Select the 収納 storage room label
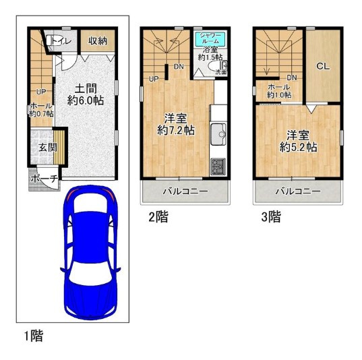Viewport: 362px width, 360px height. [x=98, y=42]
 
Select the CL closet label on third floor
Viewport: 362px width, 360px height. [x=322, y=66]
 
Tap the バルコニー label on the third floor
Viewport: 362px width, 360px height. [x=297, y=191]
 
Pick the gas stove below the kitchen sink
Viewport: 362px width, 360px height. [x=220, y=164]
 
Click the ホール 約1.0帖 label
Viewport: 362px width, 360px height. [x=278, y=91]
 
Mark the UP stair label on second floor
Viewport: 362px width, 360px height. [x=154, y=79]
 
